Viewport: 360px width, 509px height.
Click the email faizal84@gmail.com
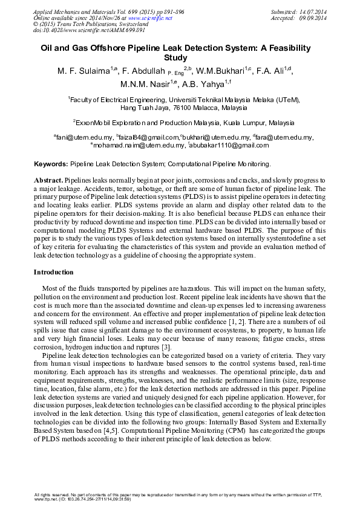pos(148,138)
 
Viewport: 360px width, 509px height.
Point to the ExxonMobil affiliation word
pos(96,122)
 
